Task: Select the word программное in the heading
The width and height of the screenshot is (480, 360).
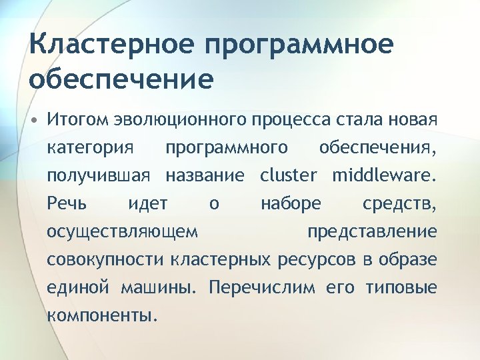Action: point(299,46)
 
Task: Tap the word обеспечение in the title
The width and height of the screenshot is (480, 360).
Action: point(121,79)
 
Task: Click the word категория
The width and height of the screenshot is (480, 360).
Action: point(90,147)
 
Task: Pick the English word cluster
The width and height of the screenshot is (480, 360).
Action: point(289,175)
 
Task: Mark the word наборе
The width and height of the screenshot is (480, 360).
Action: point(291,203)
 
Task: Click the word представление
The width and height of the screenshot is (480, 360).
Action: point(372,231)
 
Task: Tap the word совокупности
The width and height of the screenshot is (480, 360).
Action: point(106,259)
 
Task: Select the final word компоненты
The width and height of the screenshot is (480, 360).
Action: point(103,315)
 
